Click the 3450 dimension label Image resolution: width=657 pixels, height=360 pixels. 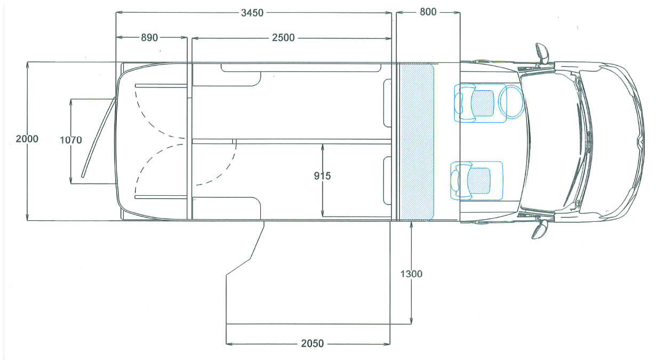coord(252,13)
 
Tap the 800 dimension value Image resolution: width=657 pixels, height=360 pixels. coord(428,12)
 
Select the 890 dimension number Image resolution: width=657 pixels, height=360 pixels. coord(149,37)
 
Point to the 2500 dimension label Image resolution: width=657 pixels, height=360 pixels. coord(283,38)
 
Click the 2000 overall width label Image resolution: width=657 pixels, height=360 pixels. coord(27,139)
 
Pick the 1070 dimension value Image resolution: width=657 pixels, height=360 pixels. coord(71,140)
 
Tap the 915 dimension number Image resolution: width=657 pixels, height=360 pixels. coord(322,176)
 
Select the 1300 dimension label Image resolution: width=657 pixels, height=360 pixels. coord(411,274)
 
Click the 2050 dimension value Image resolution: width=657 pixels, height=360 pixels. coord(313,343)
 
